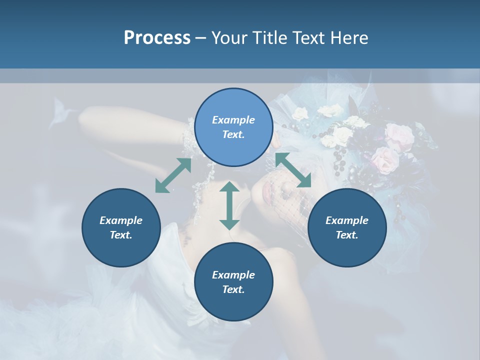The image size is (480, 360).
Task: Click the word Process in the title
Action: point(157,38)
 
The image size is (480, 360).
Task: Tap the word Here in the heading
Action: point(349,38)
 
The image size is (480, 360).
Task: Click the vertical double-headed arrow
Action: point(229,205)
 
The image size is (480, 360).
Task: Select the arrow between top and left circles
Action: point(173,175)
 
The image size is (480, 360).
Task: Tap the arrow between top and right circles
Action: point(293,170)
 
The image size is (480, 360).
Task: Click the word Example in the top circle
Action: point(233,120)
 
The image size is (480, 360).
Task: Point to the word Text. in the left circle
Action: point(121,235)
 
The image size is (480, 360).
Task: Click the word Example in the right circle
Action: point(346,220)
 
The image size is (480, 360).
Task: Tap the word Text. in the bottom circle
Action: point(233,289)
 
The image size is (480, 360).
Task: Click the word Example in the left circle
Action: point(121,220)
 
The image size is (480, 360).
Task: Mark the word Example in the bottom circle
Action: point(233,275)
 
